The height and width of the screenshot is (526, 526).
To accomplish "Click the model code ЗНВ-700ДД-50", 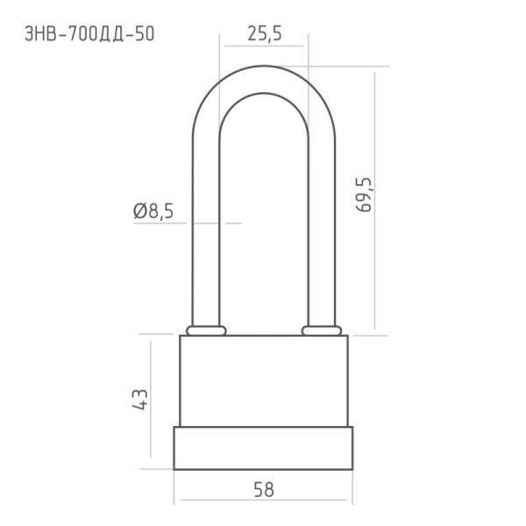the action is pos(89,34).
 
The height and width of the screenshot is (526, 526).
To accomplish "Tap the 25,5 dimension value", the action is pos(265,34).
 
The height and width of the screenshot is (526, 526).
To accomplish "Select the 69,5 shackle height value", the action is pos(364,195).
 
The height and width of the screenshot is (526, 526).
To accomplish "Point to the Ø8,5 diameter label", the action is pos(153,211).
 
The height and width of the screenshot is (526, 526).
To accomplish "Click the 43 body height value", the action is pos(140,399).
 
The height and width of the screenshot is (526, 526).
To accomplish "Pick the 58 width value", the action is pos(264,490).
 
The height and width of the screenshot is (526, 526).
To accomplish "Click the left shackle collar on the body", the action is pos(206,331).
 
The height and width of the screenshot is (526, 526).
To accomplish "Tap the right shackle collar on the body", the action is pos(322,331).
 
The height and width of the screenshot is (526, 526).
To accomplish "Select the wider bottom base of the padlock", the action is pos(263,448).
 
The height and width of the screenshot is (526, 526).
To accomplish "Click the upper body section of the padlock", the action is pos(264,380).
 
